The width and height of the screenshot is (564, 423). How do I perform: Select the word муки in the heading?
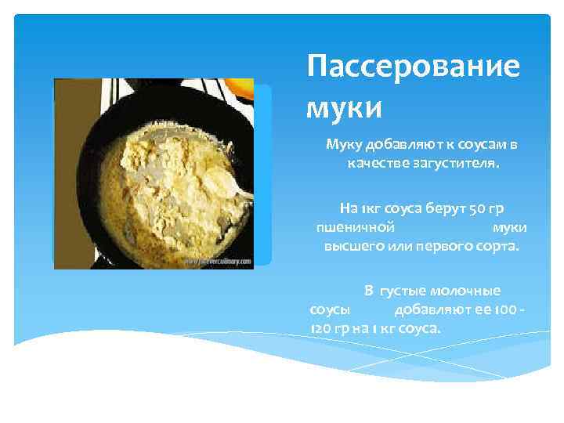344,104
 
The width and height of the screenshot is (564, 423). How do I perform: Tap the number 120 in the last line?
321,328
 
